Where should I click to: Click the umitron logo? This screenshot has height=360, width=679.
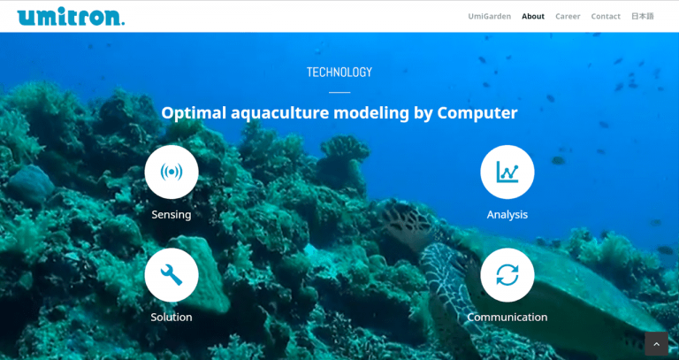pos(71,17)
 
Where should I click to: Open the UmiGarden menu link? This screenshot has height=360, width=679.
pos(489,17)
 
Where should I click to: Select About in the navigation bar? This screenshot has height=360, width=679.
pos(533,17)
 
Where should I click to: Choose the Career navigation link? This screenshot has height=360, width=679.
pos(568,17)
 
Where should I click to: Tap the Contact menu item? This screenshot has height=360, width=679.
pos(606,17)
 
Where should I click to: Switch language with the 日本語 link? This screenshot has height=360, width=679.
pos(643,17)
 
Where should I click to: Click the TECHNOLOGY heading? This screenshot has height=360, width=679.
pos(339,72)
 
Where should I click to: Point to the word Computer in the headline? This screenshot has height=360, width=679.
pos(477,113)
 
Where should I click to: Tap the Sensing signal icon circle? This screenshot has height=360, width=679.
pos(172,172)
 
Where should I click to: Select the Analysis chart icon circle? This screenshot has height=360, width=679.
pos(507,172)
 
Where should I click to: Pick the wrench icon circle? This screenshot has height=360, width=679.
pos(172,275)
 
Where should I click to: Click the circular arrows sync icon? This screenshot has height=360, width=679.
pos(507,275)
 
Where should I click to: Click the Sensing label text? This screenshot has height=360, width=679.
pos(172,215)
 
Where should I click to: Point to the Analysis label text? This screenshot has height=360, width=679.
pos(507,215)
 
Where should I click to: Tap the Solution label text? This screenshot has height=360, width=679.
pos(172,318)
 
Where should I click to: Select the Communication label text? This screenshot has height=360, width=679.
pos(507,318)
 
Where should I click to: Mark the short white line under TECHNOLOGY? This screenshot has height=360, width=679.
pos(339,92)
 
